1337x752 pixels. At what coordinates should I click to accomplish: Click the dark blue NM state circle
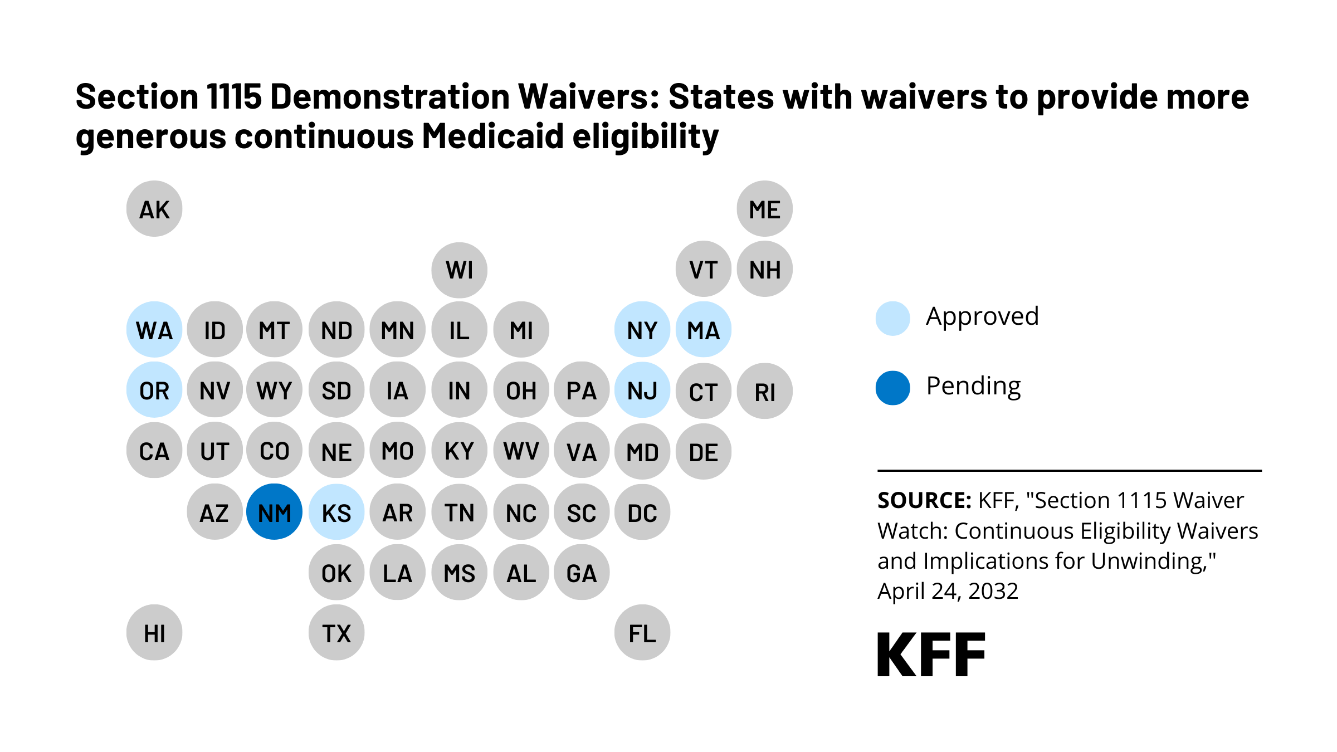274,512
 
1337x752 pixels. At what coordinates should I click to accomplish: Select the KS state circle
336,512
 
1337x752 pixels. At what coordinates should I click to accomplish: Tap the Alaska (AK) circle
154,209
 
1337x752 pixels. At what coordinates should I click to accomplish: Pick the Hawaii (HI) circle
154,633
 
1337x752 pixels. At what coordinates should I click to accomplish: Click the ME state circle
764,209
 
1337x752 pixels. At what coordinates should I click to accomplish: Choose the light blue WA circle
154,330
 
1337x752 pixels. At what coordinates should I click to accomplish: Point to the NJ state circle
642,390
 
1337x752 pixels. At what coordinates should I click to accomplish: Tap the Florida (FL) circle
642,633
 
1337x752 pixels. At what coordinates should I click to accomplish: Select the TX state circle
336,633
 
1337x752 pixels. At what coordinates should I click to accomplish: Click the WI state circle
459,270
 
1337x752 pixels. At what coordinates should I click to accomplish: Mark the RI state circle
764,391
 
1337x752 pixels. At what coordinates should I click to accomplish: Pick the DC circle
642,512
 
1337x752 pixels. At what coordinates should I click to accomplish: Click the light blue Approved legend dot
892,319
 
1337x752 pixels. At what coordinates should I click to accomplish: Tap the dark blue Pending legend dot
892,388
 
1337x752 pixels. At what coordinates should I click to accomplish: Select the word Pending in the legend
973,386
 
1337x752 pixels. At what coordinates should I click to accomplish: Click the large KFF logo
931,655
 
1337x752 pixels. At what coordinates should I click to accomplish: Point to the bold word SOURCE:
924,500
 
